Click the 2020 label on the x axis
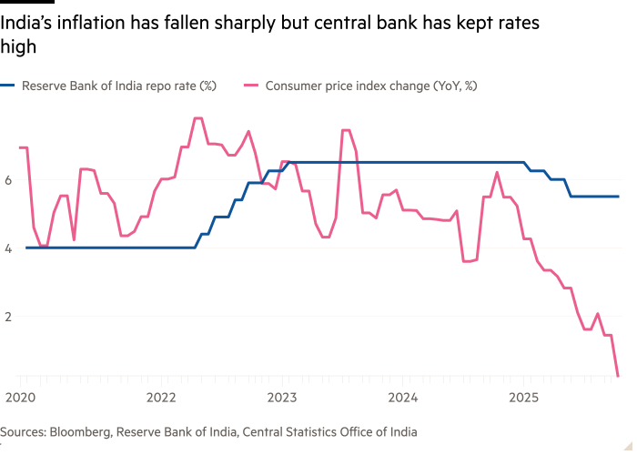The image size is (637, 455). pos(18,397)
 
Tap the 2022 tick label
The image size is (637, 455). pos(161,397)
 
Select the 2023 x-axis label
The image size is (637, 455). pos(282,397)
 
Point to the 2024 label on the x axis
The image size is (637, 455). pos(403,397)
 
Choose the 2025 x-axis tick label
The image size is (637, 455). pos(523,397)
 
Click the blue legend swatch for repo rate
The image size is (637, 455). pos(9,86)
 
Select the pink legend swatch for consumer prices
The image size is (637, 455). pos(251,86)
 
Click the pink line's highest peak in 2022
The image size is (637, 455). pos(197,118)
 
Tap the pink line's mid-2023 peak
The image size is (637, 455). pos(345,130)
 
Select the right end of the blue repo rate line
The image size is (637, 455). pos(619,197)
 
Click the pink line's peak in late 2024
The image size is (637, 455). pos(497,172)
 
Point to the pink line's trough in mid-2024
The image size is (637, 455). pos(468,261)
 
